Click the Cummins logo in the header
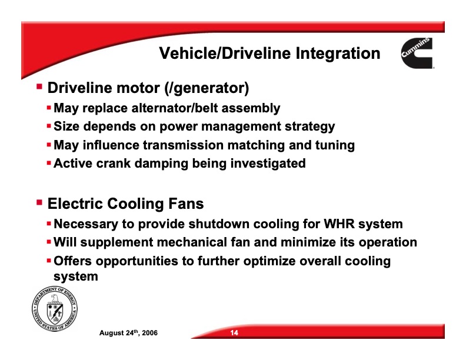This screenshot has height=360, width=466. click(x=416, y=54)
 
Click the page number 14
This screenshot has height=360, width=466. click(x=234, y=334)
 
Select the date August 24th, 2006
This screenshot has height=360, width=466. click(x=128, y=334)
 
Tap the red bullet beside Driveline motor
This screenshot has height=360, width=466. click(x=39, y=86)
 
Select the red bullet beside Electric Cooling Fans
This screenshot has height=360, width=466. click(x=39, y=202)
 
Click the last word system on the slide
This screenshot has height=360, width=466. click(x=76, y=275)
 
